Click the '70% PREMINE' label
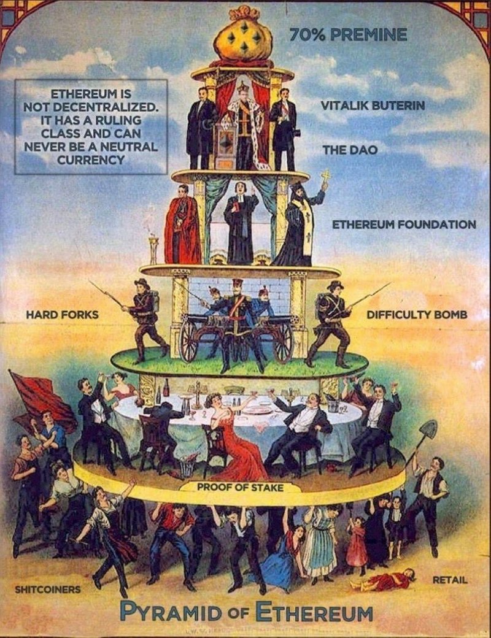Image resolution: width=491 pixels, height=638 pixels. pos(347,35)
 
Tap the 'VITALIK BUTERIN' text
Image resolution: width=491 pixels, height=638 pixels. pos(373,106)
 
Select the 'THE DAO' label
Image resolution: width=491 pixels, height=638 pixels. pos(350,150)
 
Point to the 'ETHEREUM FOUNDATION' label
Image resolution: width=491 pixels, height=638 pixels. pos(404,225)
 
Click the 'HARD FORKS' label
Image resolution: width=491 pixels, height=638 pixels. pos(62,315)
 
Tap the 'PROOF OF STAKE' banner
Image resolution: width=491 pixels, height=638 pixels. pos(240,487)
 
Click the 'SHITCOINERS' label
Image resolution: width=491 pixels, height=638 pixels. pos(48,590)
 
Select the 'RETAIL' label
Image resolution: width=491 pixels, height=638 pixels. pos(450,579)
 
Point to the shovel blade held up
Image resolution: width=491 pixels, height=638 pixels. pos(427,430)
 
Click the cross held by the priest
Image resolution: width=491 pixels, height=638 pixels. pos(325,176)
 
